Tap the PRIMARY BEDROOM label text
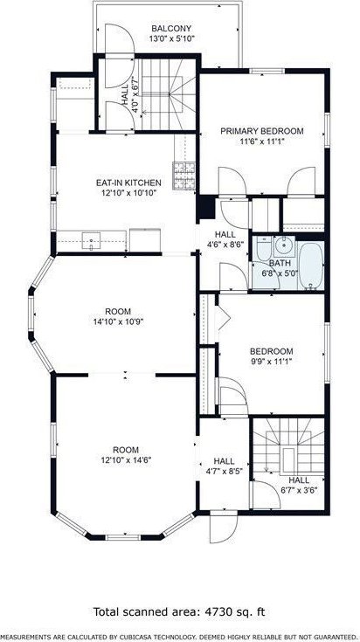[262, 131]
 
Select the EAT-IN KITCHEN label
[128, 183]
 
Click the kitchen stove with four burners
[183, 176]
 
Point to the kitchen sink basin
[91, 241]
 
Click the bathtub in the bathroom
[311, 266]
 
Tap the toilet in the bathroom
[263, 249]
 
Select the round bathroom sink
[282, 245]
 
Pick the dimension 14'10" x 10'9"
[118, 321]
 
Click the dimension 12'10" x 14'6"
[126, 459]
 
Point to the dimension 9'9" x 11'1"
[272, 362]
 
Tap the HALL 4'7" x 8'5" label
[224, 466]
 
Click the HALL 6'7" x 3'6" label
[299, 485]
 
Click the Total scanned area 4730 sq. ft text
[179, 611]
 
